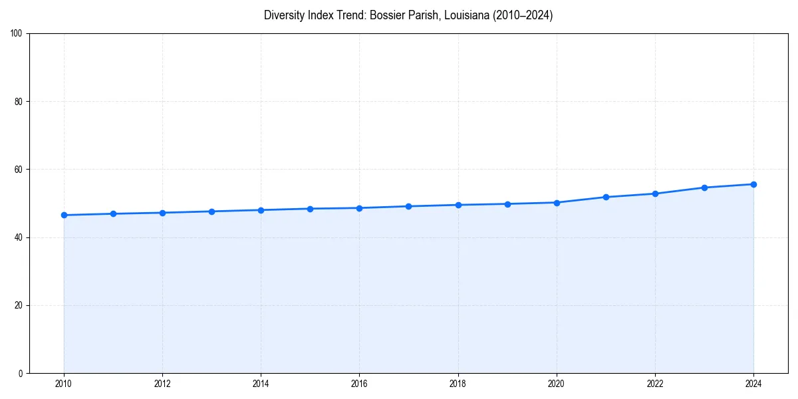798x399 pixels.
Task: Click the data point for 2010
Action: coord(64,215)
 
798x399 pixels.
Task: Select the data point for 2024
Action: coord(753,184)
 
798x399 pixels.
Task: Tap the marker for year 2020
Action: coord(557,202)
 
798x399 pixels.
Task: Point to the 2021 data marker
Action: coord(606,197)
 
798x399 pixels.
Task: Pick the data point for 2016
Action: coord(359,208)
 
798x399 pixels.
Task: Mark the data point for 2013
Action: coord(211,211)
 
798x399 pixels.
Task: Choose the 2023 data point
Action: coord(704,188)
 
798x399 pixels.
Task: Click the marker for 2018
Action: coord(458,205)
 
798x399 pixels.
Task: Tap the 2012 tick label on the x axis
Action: coord(162,384)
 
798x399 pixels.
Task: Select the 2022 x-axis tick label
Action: coord(655,384)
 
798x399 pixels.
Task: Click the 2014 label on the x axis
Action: coord(261,384)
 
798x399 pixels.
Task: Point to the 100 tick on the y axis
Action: coord(17,34)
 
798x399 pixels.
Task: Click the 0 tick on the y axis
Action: coord(21,373)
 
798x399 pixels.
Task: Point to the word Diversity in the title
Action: coord(284,15)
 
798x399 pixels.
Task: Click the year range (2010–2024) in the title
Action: coord(522,15)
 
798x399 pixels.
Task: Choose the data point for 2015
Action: coord(310,209)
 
